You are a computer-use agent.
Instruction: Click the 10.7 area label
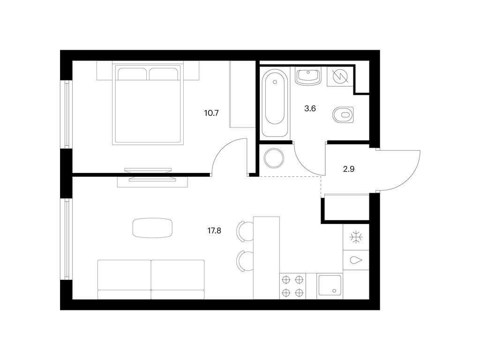pyautogui.click(x=211, y=113)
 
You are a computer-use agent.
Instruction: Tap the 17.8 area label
pyautogui.click(x=214, y=231)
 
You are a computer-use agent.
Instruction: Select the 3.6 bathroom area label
pyautogui.click(x=310, y=108)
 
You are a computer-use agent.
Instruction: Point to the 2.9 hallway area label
pyautogui.click(x=349, y=169)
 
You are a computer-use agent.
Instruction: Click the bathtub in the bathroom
pyautogui.click(x=275, y=103)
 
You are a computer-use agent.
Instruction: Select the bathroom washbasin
pyautogui.click(x=308, y=76)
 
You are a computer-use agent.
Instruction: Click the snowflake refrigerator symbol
pyautogui.click(x=356, y=238)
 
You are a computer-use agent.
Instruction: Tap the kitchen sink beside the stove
pyautogui.click(x=330, y=286)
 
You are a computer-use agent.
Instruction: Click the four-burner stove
pyautogui.click(x=292, y=286)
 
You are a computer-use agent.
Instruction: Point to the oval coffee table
pyautogui.click(x=152, y=228)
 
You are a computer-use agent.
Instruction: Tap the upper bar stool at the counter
pyautogui.click(x=245, y=232)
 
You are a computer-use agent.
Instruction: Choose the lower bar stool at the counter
pyautogui.click(x=245, y=261)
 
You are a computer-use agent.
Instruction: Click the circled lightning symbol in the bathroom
pyautogui.click(x=340, y=76)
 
